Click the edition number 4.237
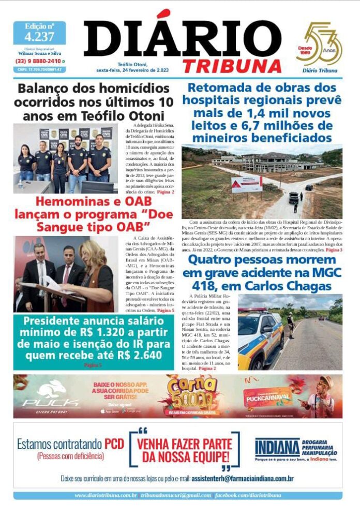(39, 36)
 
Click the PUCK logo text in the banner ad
(51, 402)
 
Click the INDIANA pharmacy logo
(277, 447)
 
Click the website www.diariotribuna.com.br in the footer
(106, 495)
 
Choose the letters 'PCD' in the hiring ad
(114, 444)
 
